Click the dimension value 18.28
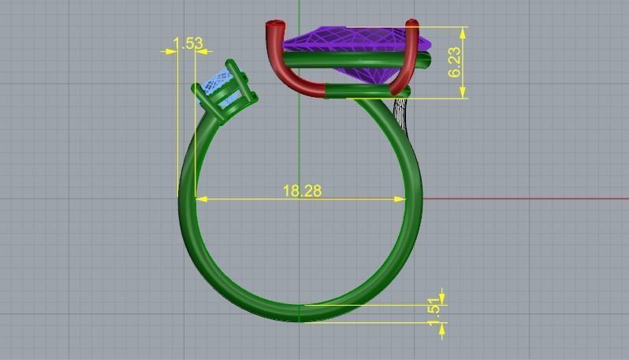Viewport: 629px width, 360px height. click(302, 191)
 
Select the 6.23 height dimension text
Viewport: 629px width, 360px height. click(455, 61)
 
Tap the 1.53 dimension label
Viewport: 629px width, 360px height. click(188, 43)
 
